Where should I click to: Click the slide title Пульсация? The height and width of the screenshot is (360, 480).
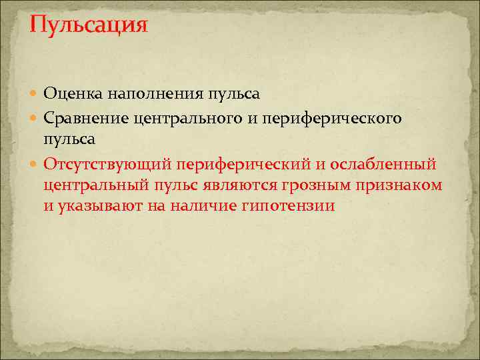click(x=88, y=26)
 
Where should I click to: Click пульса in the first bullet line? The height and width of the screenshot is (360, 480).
click(x=233, y=95)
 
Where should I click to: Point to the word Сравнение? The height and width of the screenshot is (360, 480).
click(x=85, y=117)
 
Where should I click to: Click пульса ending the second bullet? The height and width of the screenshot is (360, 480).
click(x=69, y=140)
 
